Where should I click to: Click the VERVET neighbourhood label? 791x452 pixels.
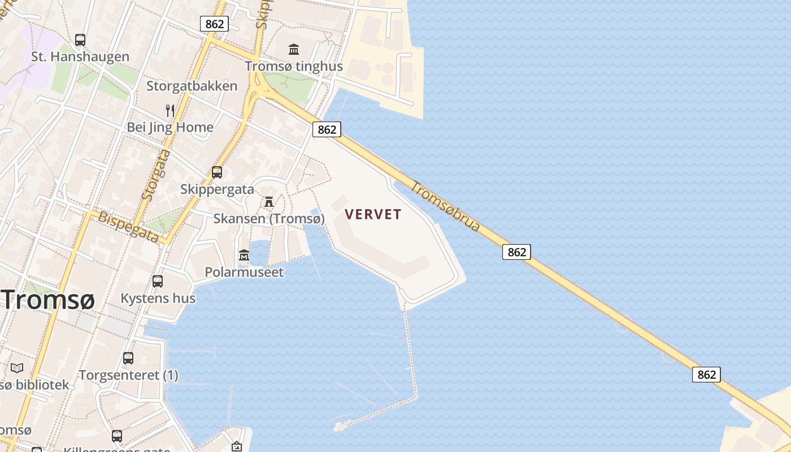pyautogui.click(x=373, y=214)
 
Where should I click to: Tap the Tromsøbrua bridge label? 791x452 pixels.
pyautogui.click(x=445, y=206)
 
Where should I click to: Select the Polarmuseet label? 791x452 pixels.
pyautogui.click(x=244, y=272)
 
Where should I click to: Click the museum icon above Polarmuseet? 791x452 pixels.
pyautogui.click(x=244, y=255)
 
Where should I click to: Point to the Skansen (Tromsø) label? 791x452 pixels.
pyautogui.click(x=269, y=219)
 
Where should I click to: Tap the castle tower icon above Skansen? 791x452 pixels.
pyautogui.click(x=269, y=202)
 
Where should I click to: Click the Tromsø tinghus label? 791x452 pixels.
pyautogui.click(x=294, y=66)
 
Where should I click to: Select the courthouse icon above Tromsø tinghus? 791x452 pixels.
pyautogui.click(x=294, y=50)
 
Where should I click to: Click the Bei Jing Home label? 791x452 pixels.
pyautogui.click(x=170, y=127)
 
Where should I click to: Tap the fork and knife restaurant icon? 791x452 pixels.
pyautogui.click(x=170, y=110)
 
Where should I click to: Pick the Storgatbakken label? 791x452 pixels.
pyautogui.click(x=192, y=86)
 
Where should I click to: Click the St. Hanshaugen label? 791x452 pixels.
pyautogui.click(x=80, y=56)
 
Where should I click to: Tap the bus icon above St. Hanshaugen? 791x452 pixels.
pyautogui.click(x=80, y=40)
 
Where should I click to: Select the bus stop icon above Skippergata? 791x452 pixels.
pyautogui.click(x=217, y=172)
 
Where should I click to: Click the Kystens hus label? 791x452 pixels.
pyautogui.click(x=158, y=298)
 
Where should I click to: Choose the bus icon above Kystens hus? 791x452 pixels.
pyautogui.click(x=158, y=281)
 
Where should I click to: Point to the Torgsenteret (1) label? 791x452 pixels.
pyautogui.click(x=129, y=375)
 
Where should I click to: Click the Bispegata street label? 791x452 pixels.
pyautogui.click(x=128, y=227)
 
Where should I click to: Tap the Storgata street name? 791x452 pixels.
pyautogui.click(x=157, y=175)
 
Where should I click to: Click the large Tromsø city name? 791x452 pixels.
pyautogui.click(x=47, y=299)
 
